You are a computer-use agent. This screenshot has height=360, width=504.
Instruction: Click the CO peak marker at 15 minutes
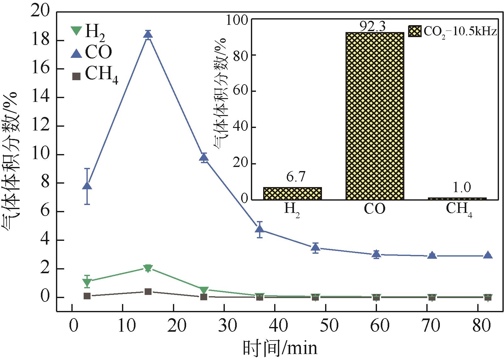coord(148,35)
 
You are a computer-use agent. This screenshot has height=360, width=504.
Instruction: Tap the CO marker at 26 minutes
coord(204,158)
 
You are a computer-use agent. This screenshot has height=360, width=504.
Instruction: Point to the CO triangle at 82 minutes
coord(488,255)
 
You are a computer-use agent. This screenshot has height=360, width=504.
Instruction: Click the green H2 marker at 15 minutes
coord(148,268)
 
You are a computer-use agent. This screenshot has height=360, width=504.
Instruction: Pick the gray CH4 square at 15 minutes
coord(148,291)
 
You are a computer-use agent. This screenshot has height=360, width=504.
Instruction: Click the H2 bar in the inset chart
coord(292,193)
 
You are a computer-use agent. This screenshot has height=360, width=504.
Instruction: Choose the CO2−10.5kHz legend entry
coord(453,31)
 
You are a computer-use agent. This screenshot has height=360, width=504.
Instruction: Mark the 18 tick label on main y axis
coord(41,41)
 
